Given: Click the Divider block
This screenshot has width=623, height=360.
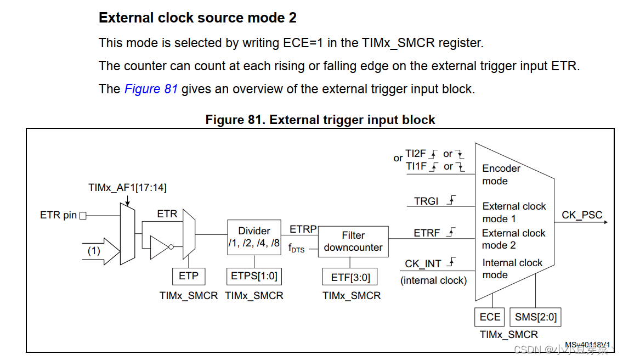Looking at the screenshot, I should point(254,237).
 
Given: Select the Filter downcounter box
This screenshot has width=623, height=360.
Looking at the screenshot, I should point(353,241).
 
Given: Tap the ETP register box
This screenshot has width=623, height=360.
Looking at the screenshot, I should point(188,276).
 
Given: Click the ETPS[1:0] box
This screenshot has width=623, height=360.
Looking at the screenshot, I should point(254,276).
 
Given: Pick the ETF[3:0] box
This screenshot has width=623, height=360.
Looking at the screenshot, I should point(350,278).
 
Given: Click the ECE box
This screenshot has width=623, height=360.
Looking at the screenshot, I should point(490,317).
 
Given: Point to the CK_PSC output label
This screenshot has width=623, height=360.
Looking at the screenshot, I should point(582,215).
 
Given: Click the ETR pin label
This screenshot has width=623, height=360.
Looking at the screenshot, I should point(58,215).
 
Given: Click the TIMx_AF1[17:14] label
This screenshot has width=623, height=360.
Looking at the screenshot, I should point(127,188).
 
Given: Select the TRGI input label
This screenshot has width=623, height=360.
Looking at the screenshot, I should point(427,201).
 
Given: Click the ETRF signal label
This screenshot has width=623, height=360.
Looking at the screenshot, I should point(427,233).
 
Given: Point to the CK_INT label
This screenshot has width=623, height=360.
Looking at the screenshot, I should point(423,264).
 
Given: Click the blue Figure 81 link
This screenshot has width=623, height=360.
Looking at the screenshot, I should point(151,89).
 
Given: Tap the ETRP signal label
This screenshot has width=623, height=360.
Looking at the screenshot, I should point(303,229).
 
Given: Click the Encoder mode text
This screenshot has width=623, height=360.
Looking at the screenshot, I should point(501,175).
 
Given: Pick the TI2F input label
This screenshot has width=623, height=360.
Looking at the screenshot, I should point(415,154).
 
